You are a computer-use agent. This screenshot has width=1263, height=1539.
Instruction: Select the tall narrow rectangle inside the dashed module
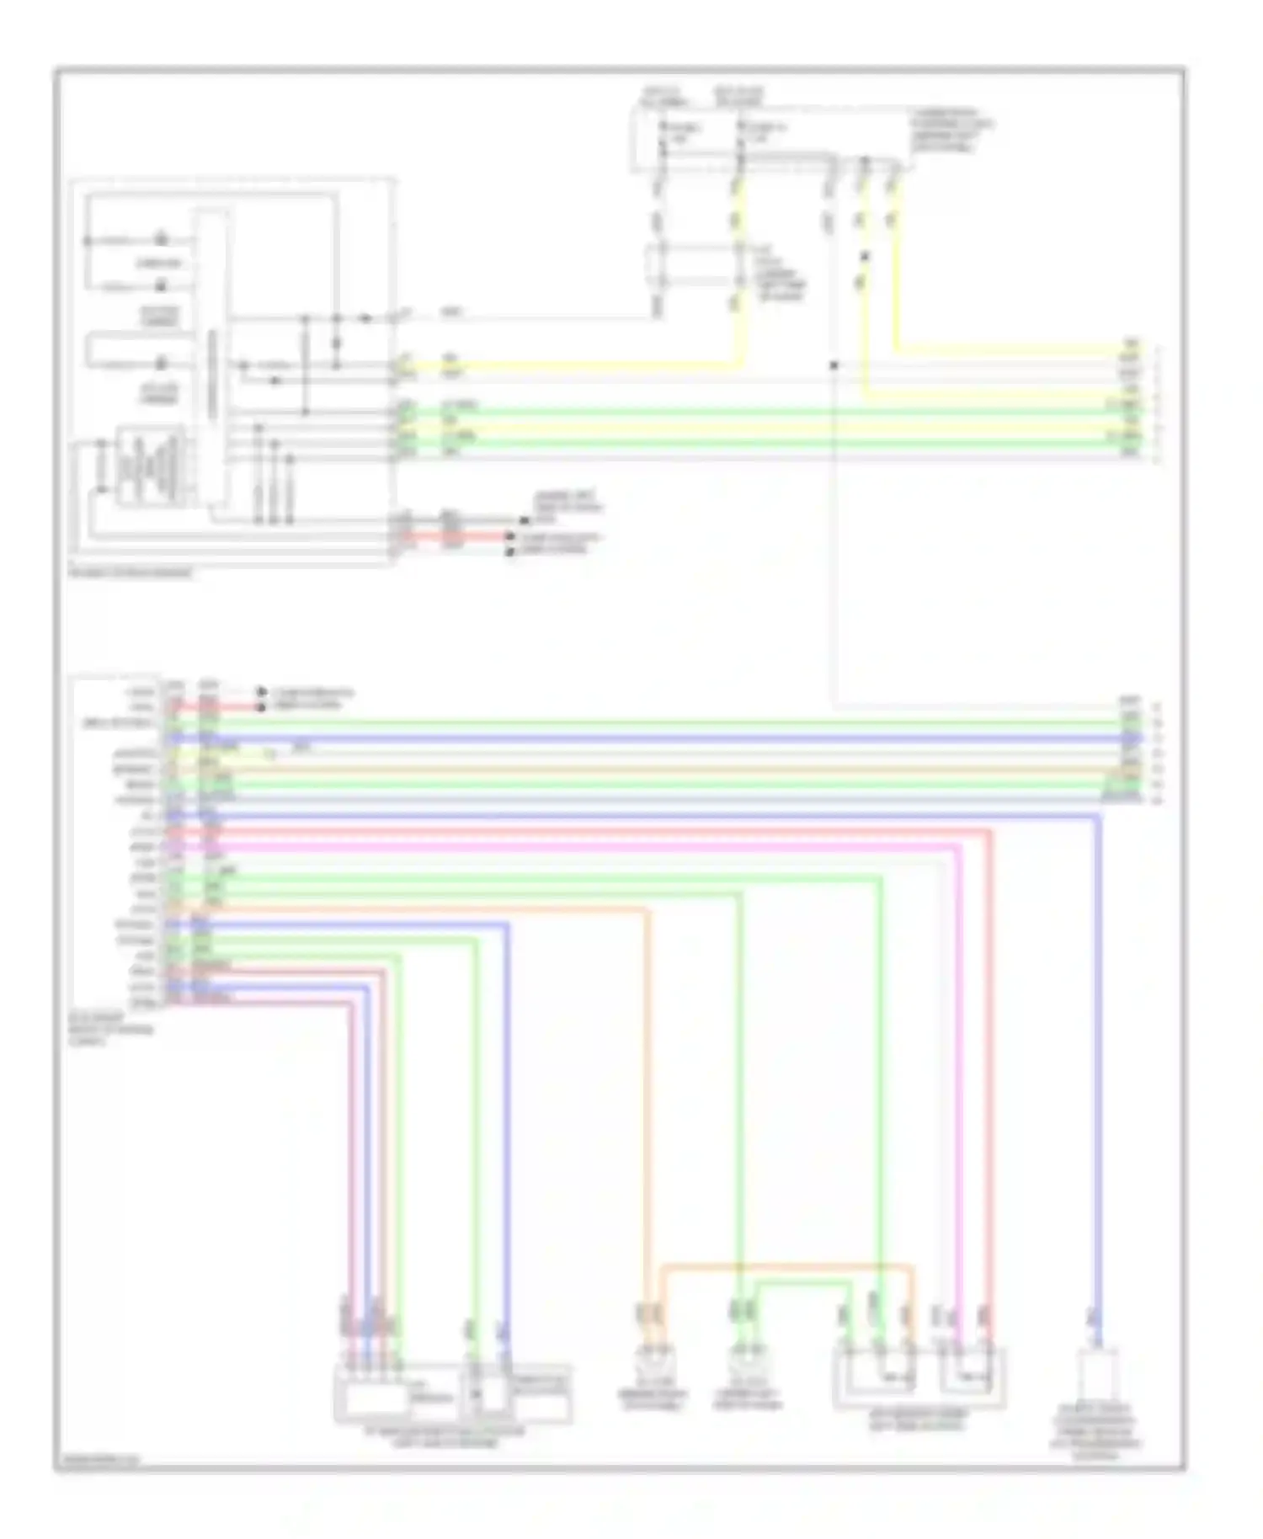pyautogui.click(x=211, y=362)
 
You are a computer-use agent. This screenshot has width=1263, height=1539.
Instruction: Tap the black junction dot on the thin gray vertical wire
pyautogui.click(x=834, y=365)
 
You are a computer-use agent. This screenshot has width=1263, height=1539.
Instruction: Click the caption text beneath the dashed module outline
pyautogui.click(x=131, y=573)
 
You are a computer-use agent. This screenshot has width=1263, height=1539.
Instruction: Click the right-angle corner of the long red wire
pyautogui.click(x=989, y=832)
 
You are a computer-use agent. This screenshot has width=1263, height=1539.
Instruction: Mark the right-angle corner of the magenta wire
pyautogui.click(x=959, y=847)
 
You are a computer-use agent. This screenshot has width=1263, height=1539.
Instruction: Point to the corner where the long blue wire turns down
pyautogui.click(x=1098, y=816)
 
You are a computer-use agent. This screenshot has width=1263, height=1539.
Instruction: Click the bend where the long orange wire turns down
pyautogui.click(x=647, y=909)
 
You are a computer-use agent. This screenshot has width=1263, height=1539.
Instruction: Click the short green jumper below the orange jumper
pyautogui.click(x=800, y=1282)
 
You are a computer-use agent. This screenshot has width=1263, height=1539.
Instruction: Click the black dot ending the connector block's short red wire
pyautogui.click(x=260, y=706)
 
